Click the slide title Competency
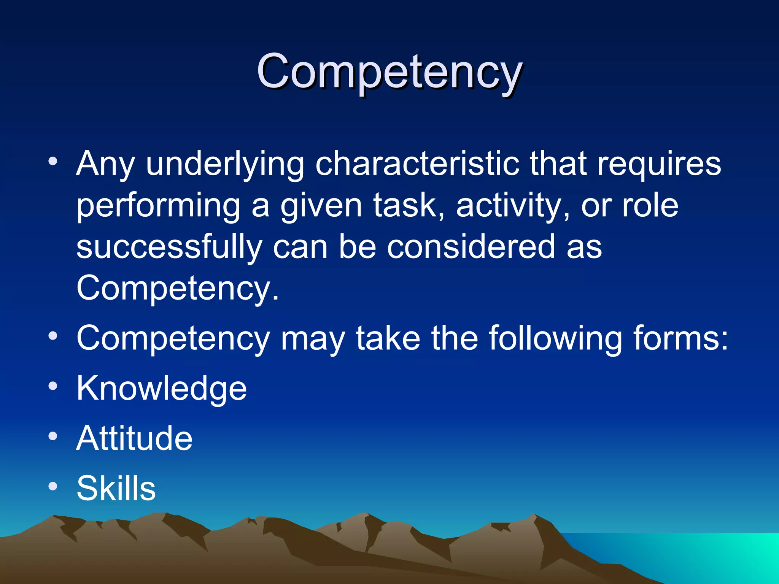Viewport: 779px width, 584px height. (x=389, y=72)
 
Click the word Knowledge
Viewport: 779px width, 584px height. (x=162, y=388)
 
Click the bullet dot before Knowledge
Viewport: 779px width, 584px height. (x=53, y=386)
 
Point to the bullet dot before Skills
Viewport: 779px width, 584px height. (x=53, y=486)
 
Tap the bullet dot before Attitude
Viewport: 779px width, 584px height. (x=53, y=436)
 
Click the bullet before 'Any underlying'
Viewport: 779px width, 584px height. (x=53, y=161)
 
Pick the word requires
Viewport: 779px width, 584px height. (x=659, y=164)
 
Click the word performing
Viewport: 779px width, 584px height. (x=158, y=206)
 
